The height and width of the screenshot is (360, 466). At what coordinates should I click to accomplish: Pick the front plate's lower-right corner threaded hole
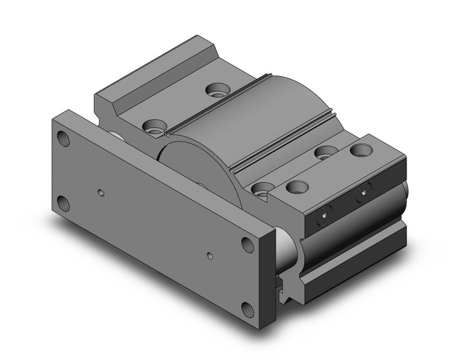click(x=248, y=308)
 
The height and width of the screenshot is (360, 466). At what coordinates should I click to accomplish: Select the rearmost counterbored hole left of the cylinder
click(x=215, y=92)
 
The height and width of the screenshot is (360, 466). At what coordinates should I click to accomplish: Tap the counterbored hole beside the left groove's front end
click(x=151, y=127)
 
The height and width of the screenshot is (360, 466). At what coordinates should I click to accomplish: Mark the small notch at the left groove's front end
click(x=167, y=132)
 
